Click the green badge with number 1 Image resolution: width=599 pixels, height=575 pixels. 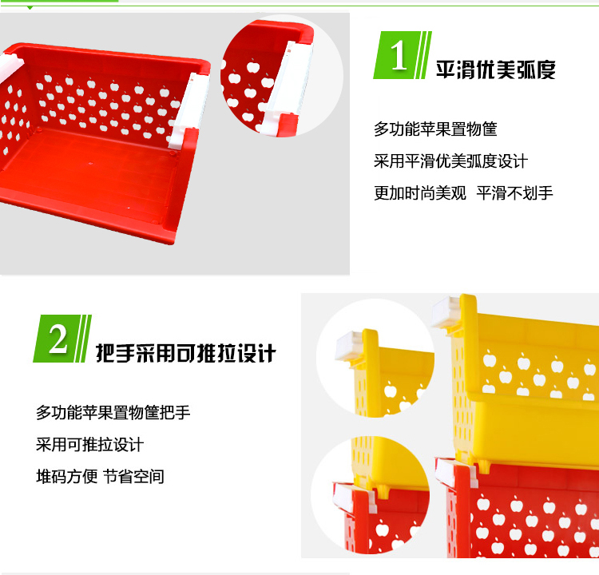coord(403,55)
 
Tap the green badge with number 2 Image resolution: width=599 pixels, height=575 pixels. coord(62,339)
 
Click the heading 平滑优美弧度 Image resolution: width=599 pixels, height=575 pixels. coord(495,70)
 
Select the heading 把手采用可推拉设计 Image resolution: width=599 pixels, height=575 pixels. coord(185,353)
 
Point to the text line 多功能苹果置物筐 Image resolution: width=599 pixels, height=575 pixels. coord(435,129)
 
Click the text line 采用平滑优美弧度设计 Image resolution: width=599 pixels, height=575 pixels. coord(450,161)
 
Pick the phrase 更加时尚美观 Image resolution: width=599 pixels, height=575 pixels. coord(420,193)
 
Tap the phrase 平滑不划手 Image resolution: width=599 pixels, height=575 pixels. coord(514,193)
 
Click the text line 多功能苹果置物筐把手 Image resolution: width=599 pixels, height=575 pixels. coord(113,413)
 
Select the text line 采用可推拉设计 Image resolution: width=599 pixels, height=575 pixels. coord(89,445)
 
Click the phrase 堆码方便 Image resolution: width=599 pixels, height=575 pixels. coord(66,477)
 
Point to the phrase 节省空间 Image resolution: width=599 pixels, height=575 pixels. coord(133,477)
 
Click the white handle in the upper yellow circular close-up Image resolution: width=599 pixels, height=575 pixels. coord(350,345)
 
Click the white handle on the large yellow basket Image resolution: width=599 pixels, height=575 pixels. coord(446,311)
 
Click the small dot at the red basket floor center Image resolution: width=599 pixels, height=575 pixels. coord(90,164)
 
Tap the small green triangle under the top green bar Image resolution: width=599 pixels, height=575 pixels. coord(30,8)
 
